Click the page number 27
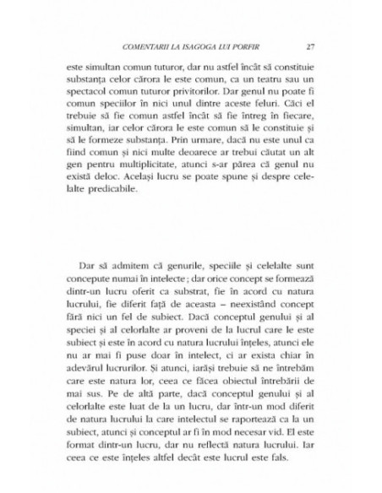(x=311, y=46)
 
